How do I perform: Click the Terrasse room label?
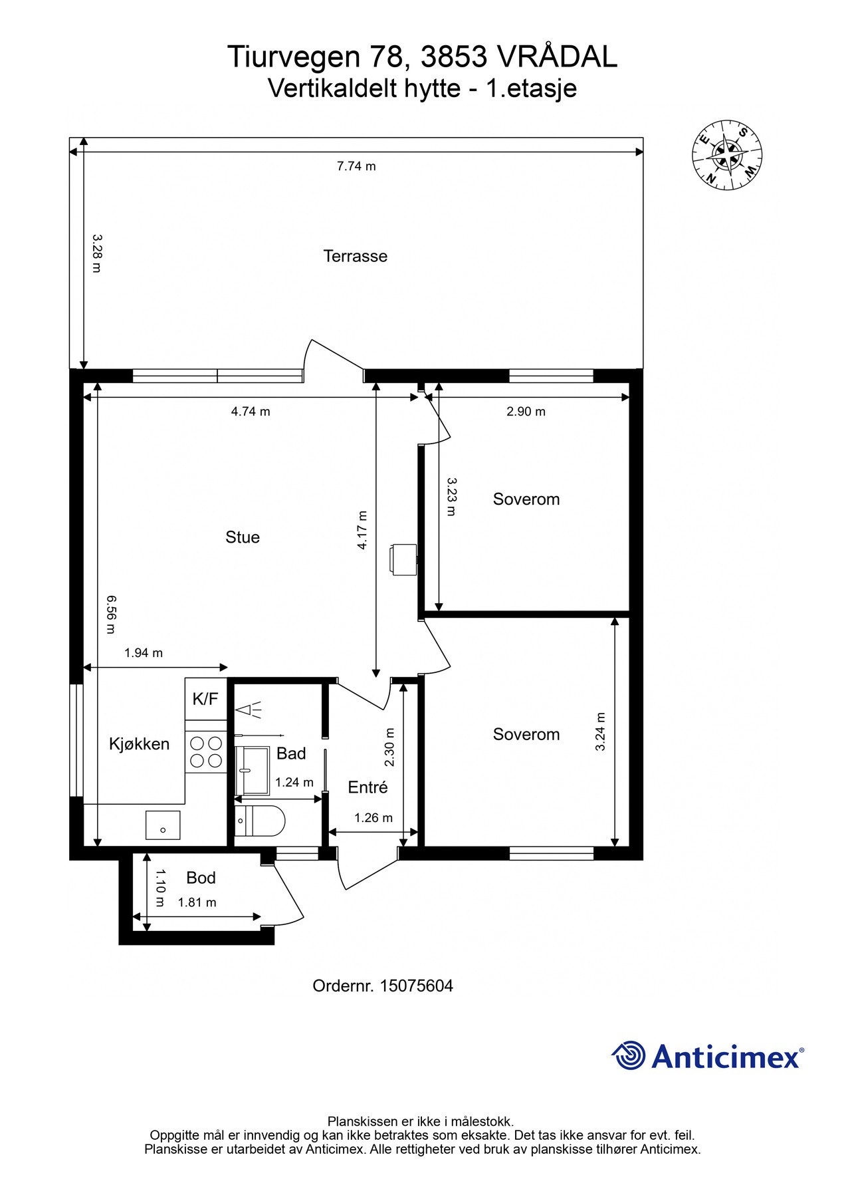[355, 256]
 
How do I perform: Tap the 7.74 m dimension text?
[356, 166]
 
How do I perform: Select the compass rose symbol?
[726, 156]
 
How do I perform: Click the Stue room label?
[242, 537]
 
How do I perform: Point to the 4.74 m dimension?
[251, 412]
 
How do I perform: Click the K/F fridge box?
[205, 699]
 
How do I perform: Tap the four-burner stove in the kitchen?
[205, 751]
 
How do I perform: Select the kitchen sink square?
[163, 825]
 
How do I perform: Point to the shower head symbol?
[249, 710]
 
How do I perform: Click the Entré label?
[368, 787]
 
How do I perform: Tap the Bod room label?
[201, 878]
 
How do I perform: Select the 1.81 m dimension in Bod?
[197, 902]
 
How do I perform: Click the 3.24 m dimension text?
[601, 731]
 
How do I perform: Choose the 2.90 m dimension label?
[526, 412]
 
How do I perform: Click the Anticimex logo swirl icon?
[628, 1055]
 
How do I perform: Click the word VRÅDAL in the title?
[557, 57]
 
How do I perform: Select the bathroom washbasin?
[253, 770]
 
